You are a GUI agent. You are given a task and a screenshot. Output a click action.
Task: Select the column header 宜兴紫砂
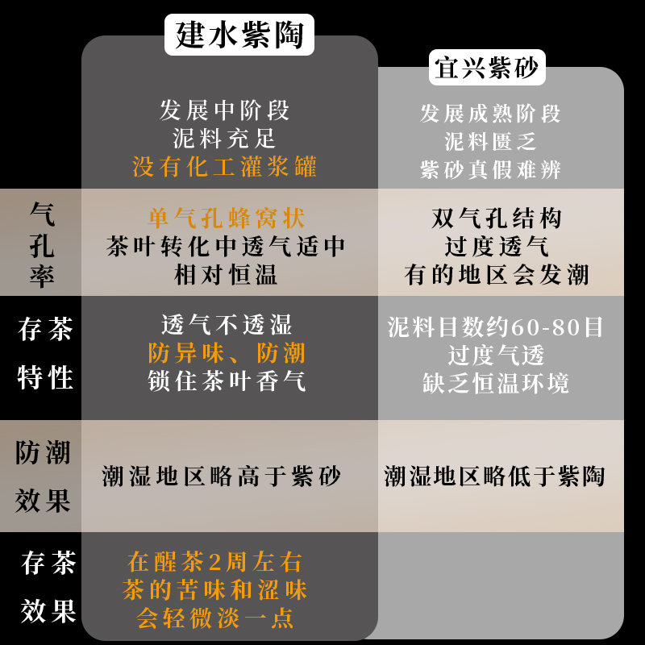click(x=488, y=68)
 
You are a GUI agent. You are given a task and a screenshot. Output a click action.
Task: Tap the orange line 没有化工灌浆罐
click(x=225, y=167)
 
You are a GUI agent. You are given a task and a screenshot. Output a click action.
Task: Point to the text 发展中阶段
click(x=225, y=110)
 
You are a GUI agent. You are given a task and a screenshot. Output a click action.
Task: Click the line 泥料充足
click(x=225, y=138)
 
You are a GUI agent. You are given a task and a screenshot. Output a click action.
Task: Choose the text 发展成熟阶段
click(x=490, y=114)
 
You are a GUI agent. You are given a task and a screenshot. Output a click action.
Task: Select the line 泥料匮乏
click(x=490, y=142)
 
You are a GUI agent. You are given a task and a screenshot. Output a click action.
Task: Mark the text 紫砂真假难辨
click(x=490, y=170)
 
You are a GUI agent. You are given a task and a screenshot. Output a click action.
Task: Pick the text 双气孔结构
click(x=497, y=218)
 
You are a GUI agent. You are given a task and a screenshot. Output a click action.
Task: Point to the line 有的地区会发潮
click(x=497, y=275)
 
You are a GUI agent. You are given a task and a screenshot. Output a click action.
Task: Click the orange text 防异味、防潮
click(x=227, y=353)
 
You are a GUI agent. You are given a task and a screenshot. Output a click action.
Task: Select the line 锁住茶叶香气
click(x=227, y=381)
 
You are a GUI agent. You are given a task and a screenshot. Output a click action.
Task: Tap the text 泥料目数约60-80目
click(x=496, y=327)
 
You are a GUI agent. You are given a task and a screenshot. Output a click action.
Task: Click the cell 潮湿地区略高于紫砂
click(x=222, y=476)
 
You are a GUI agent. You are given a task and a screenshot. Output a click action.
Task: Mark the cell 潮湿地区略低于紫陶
click(x=494, y=476)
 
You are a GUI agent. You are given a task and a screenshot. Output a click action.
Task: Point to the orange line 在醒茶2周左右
click(x=215, y=562)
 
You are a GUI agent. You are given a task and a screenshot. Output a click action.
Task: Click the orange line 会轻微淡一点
click(x=215, y=618)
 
